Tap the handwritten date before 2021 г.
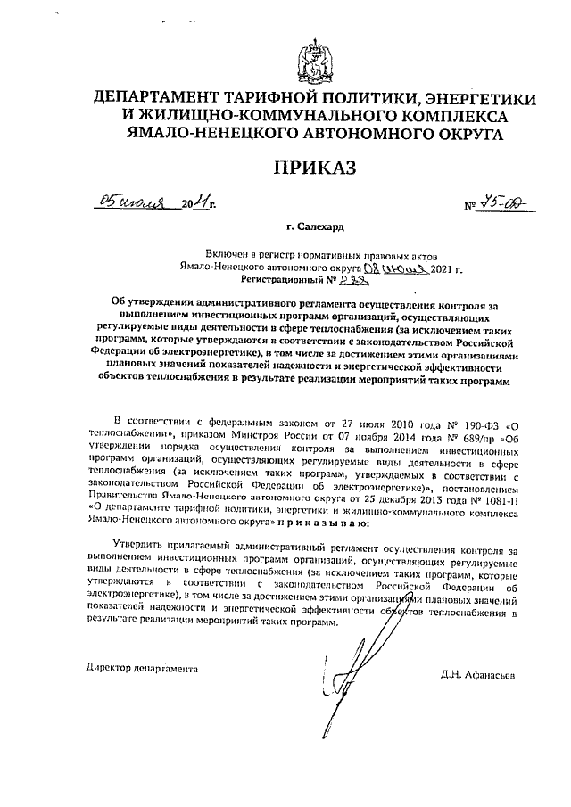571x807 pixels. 397,267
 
